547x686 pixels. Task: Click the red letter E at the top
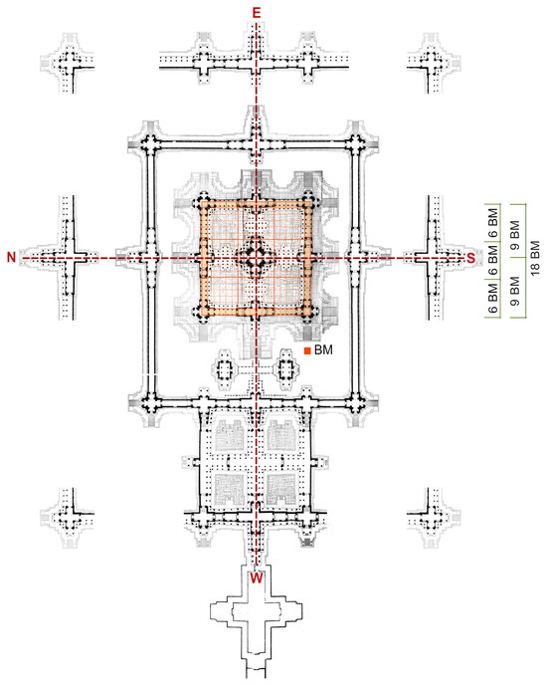[x=256, y=13]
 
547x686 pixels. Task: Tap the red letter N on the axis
[x=11, y=257]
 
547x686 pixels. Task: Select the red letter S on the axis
[x=470, y=258]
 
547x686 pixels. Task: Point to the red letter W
[x=257, y=577]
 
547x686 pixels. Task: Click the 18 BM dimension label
[x=535, y=258]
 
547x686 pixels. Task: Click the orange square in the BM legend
[x=307, y=350]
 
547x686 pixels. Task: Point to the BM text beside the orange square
[x=323, y=350]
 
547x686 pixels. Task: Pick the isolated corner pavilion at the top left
[x=68, y=63]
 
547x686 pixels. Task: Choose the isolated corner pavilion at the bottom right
[x=434, y=518]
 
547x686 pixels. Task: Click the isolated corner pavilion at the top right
[x=434, y=63]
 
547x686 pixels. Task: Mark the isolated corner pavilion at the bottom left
[x=68, y=518]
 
